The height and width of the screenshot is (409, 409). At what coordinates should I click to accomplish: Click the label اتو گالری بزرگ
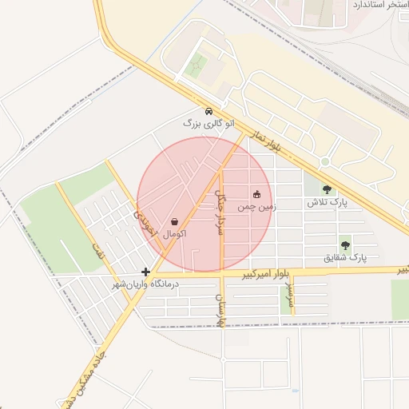pos(208,124)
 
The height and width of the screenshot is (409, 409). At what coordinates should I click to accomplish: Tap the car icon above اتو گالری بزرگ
pos(208,112)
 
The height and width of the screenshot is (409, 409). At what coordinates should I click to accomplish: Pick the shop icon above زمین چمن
pos(256,194)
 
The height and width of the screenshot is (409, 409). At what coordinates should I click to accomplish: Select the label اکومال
pos(175,234)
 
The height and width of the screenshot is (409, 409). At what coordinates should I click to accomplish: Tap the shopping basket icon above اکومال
pos(175,221)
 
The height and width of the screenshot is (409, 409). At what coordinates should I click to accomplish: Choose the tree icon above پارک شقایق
pos(345,245)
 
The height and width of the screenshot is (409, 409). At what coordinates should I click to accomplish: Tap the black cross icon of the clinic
pos(145,272)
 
